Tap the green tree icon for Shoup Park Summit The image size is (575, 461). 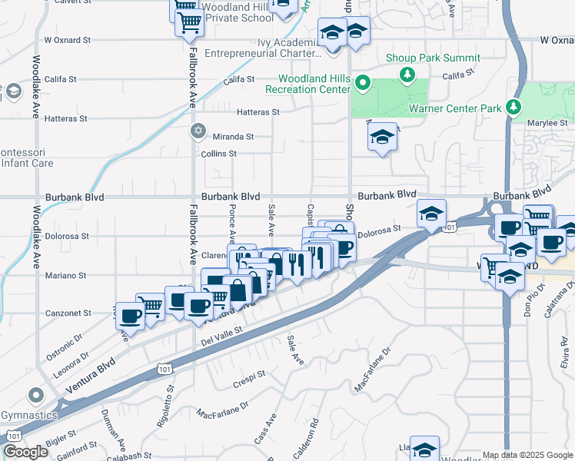(x=405, y=75)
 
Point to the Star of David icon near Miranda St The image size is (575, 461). (x=198, y=130)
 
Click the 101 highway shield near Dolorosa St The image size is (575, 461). (x=450, y=227)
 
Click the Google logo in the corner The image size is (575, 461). (x=25, y=452)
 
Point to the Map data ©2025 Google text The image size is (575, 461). (x=527, y=455)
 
